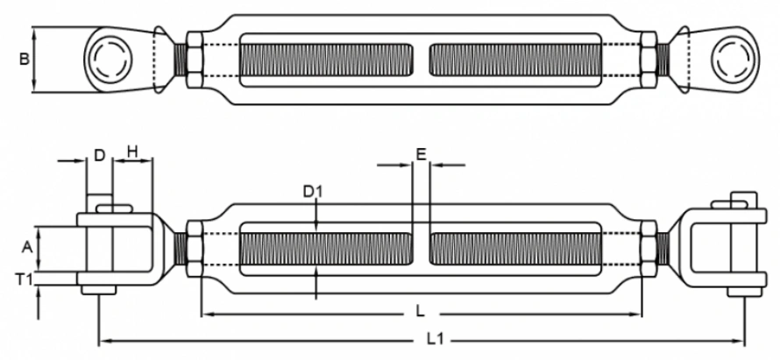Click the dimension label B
pos(24,60)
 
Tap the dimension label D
pos(100,156)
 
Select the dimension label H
pos(131,152)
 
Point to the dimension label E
pos(421,155)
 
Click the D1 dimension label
pos(313,192)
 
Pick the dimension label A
pos(27,247)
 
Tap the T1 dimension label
pos(24,280)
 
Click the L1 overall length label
pos(435,339)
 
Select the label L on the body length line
pos(421,312)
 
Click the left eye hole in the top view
pos(110,60)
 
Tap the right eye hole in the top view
pos(733,60)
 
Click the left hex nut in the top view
pos(194,60)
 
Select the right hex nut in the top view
pos(649,60)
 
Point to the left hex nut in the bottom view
pos(194,249)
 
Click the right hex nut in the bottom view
pos(649,249)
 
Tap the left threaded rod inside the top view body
pos(326,60)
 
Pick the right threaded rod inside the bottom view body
pos(515,249)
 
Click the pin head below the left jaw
pos(98,289)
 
